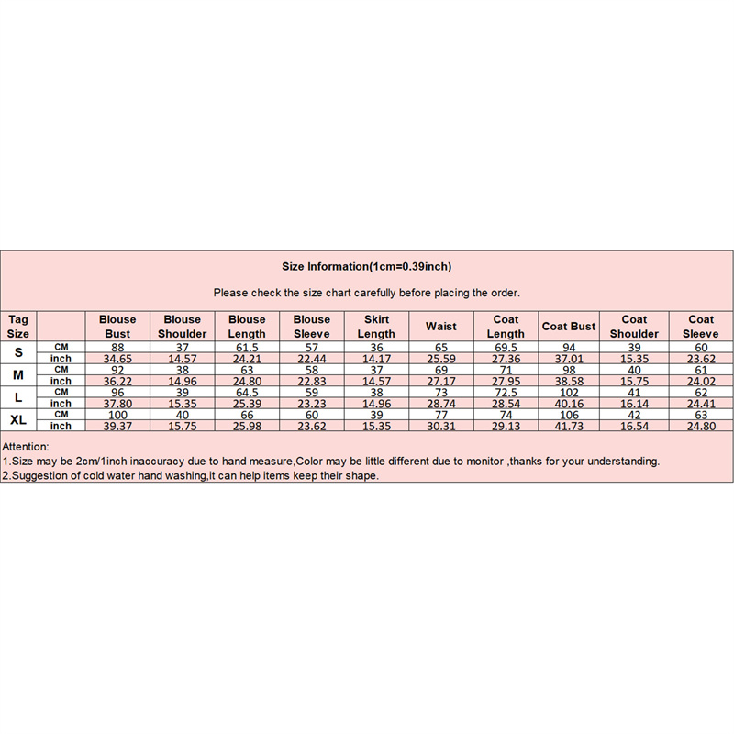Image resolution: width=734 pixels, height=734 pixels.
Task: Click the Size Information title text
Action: (x=367, y=267)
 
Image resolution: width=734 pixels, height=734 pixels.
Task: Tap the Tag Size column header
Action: (x=18, y=326)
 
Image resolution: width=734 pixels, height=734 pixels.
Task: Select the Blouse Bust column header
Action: (x=117, y=326)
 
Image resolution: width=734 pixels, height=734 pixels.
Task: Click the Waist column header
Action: (x=441, y=326)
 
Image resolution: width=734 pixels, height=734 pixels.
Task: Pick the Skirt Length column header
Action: (x=376, y=326)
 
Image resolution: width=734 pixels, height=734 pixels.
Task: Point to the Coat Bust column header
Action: (x=569, y=326)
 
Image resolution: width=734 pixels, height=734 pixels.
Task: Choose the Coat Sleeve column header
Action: (x=701, y=326)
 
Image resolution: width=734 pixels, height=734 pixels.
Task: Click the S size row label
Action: (x=18, y=352)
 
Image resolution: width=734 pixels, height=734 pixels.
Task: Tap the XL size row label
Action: (x=18, y=419)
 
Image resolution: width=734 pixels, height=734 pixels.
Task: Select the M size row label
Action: (x=18, y=374)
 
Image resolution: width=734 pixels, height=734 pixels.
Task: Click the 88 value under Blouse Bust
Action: (x=117, y=346)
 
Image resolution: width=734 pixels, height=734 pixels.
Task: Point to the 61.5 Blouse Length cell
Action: (x=247, y=346)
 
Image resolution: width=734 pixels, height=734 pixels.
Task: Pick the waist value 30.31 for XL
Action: (x=441, y=426)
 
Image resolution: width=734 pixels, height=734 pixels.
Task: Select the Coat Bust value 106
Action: (x=569, y=414)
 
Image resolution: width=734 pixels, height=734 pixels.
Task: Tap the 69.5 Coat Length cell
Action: (x=506, y=346)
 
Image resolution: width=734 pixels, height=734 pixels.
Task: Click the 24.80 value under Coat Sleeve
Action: (x=701, y=426)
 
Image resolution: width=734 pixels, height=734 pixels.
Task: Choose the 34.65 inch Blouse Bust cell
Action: (x=117, y=358)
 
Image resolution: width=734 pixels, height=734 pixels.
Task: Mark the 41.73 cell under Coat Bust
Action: (x=569, y=426)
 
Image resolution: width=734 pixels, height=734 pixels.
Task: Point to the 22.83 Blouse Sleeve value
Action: (x=312, y=381)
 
